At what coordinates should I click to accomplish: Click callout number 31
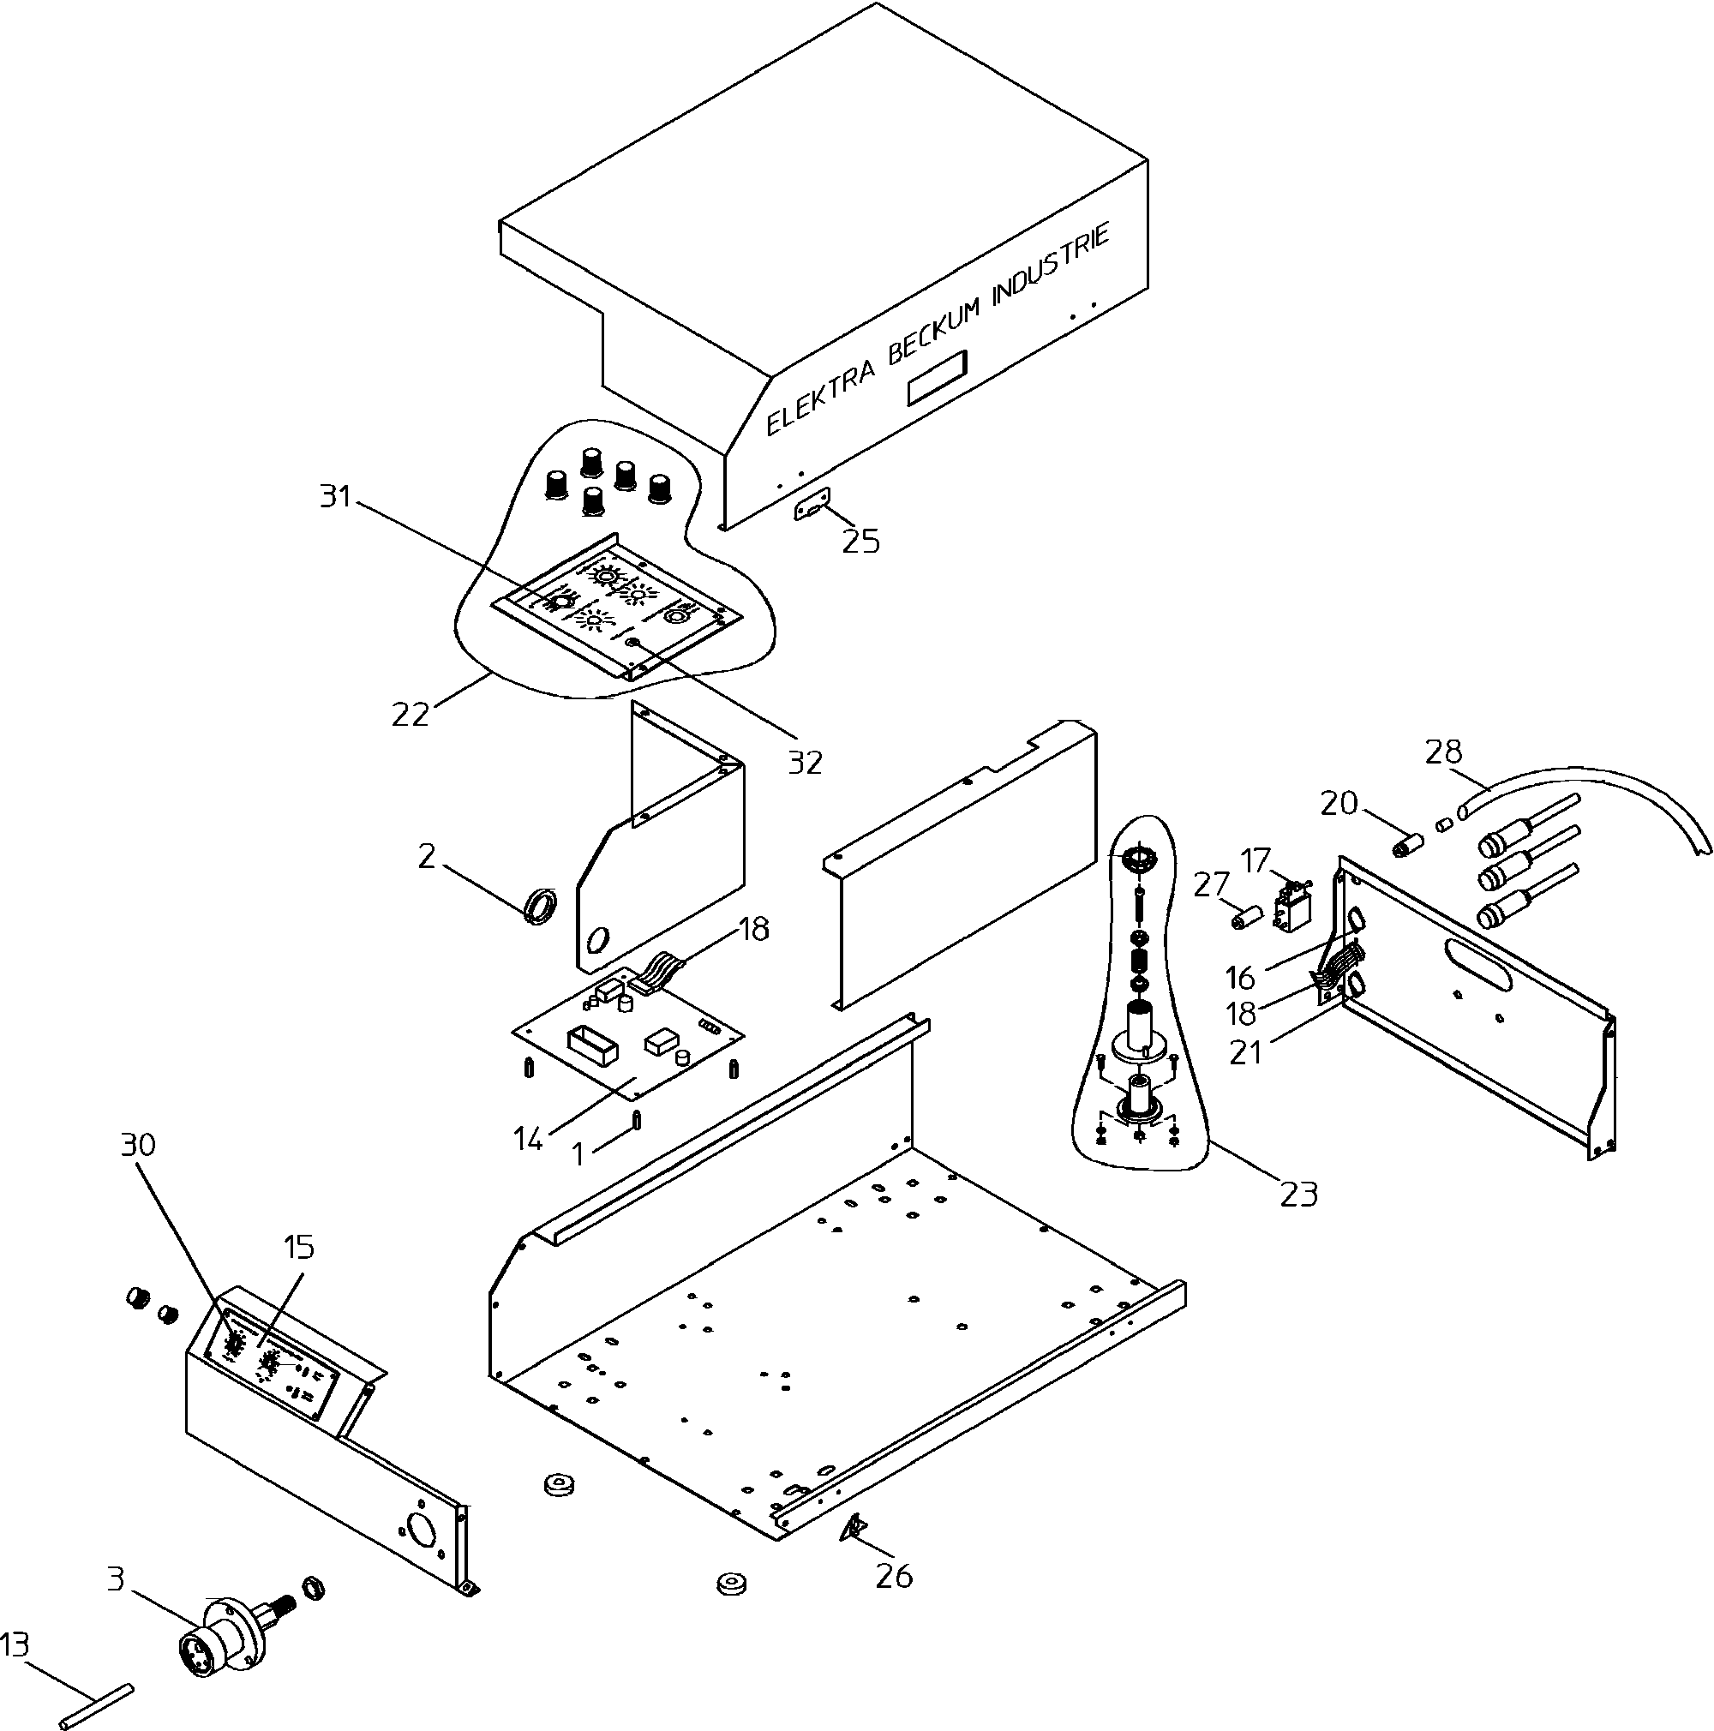click(336, 495)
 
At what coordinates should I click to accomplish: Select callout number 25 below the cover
click(861, 542)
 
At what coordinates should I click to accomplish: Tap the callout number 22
click(411, 714)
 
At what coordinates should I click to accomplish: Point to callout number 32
click(805, 762)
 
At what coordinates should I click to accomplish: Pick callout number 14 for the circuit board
click(529, 1139)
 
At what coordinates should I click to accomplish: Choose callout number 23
click(1299, 1195)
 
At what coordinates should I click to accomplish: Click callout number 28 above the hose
click(1443, 751)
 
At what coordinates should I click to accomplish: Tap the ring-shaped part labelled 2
click(539, 906)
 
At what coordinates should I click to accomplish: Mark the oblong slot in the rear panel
click(1477, 964)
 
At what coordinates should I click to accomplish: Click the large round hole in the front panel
click(421, 1530)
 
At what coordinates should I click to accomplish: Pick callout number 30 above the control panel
click(138, 1144)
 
